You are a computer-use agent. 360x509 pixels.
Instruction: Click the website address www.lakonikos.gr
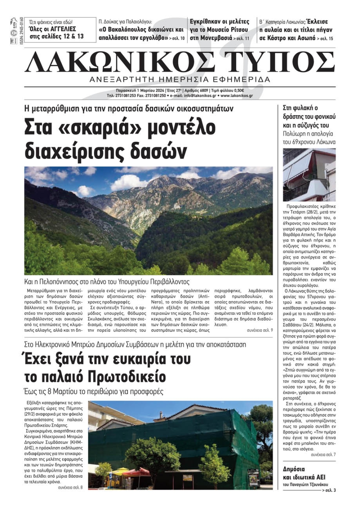tap(237, 96)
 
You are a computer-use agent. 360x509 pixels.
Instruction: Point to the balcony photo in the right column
tap(309, 175)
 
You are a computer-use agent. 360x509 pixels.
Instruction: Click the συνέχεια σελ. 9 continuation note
tap(260, 330)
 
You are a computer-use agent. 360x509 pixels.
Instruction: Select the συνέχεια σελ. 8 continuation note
tap(70, 487)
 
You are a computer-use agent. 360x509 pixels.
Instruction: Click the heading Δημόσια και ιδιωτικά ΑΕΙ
tap(304, 473)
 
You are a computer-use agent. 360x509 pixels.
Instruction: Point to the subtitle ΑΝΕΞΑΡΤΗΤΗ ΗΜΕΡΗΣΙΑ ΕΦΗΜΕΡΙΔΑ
tap(180, 79)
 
